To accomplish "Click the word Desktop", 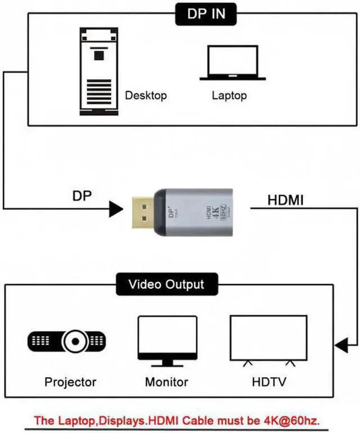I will coord(146,95).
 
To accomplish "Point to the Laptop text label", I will coord(229,95).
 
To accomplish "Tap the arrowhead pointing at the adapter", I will coord(116,210).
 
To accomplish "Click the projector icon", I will coord(67,341).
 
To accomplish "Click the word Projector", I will coord(70,382).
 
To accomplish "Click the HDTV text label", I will coord(269,382).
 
